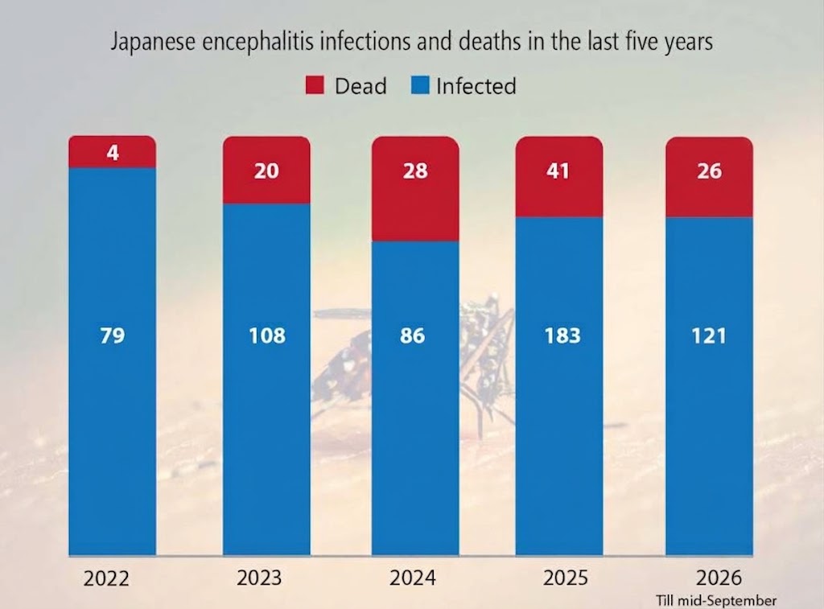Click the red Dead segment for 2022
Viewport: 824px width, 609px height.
coord(113,152)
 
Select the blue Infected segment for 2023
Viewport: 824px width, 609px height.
coord(266,380)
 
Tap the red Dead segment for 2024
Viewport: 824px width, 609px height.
coord(415,189)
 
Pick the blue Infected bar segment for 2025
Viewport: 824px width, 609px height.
coord(559,386)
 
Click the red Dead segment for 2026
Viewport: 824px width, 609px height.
coord(710,177)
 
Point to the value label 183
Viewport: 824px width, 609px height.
coord(562,335)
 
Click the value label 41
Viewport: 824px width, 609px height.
coord(558,171)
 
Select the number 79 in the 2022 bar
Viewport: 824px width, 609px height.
coord(113,335)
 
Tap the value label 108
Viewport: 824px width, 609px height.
coord(267,335)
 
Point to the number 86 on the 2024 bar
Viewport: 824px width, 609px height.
coord(412,335)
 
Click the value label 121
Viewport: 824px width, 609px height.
coord(709,335)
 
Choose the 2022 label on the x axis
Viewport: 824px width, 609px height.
coord(106,578)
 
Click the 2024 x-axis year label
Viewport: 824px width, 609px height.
coord(413,578)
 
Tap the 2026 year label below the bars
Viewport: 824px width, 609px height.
coord(719,578)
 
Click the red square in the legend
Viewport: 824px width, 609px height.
coord(315,85)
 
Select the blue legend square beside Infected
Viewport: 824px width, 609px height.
coord(420,85)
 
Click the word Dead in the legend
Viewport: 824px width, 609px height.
coord(360,86)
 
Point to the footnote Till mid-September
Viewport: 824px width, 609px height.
coord(715,601)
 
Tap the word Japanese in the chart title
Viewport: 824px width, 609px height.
coord(153,42)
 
